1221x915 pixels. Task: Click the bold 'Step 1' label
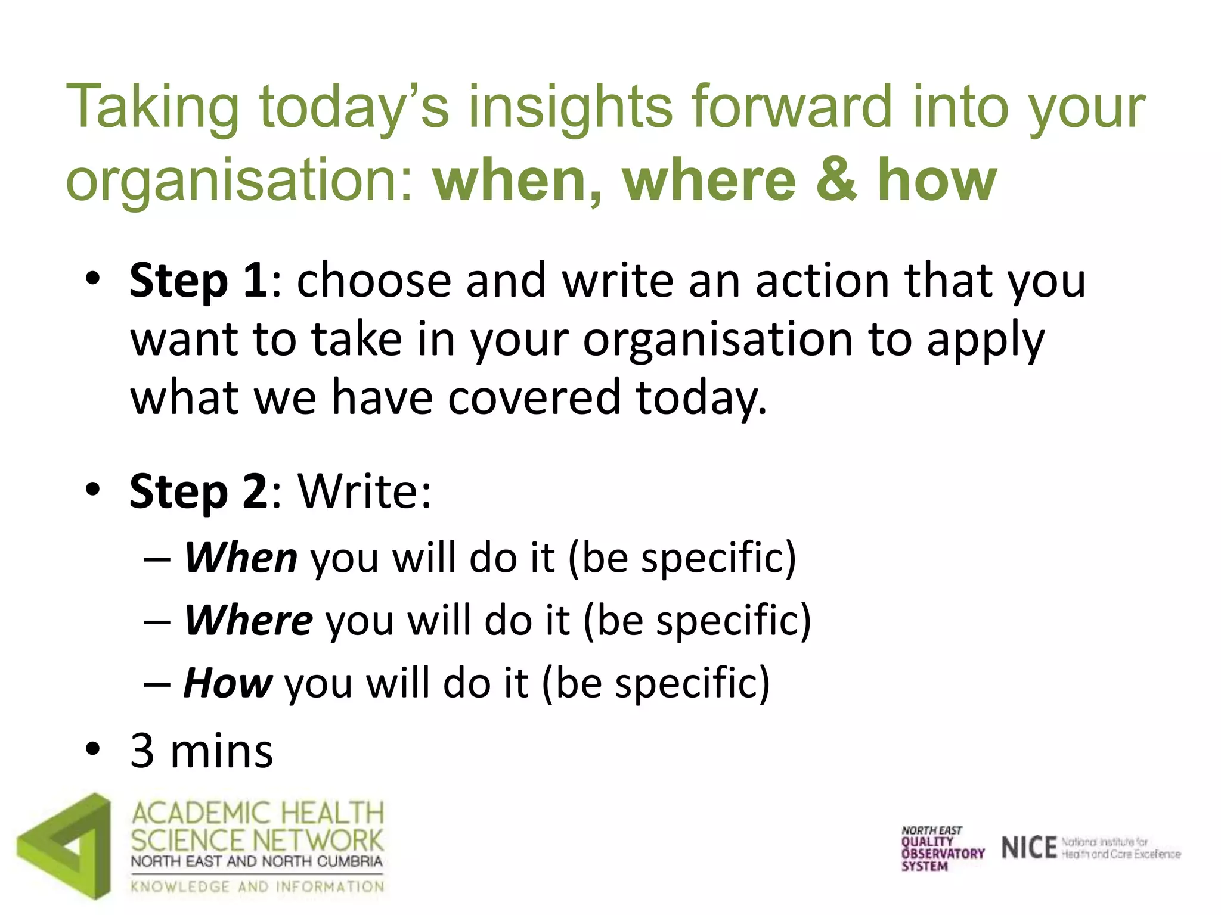point(198,280)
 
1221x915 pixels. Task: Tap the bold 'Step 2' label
point(198,492)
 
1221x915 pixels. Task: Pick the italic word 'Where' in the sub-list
point(249,620)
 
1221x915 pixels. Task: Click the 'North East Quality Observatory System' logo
point(942,848)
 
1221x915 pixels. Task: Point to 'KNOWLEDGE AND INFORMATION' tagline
point(258,887)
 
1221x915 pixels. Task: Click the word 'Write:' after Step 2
point(364,492)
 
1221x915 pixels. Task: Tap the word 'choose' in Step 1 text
point(374,280)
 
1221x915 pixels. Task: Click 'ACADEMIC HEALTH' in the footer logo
point(258,813)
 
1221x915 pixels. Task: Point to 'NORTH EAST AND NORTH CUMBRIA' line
point(256,861)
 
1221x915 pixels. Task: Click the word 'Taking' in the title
point(153,107)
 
